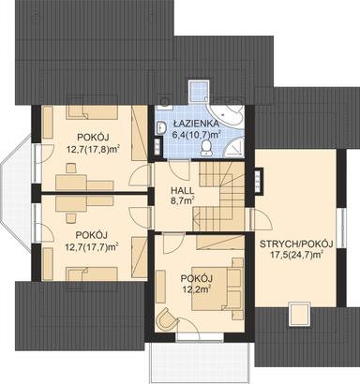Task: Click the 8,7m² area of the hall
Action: (x=181, y=199)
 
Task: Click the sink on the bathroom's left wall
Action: (x=162, y=127)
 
